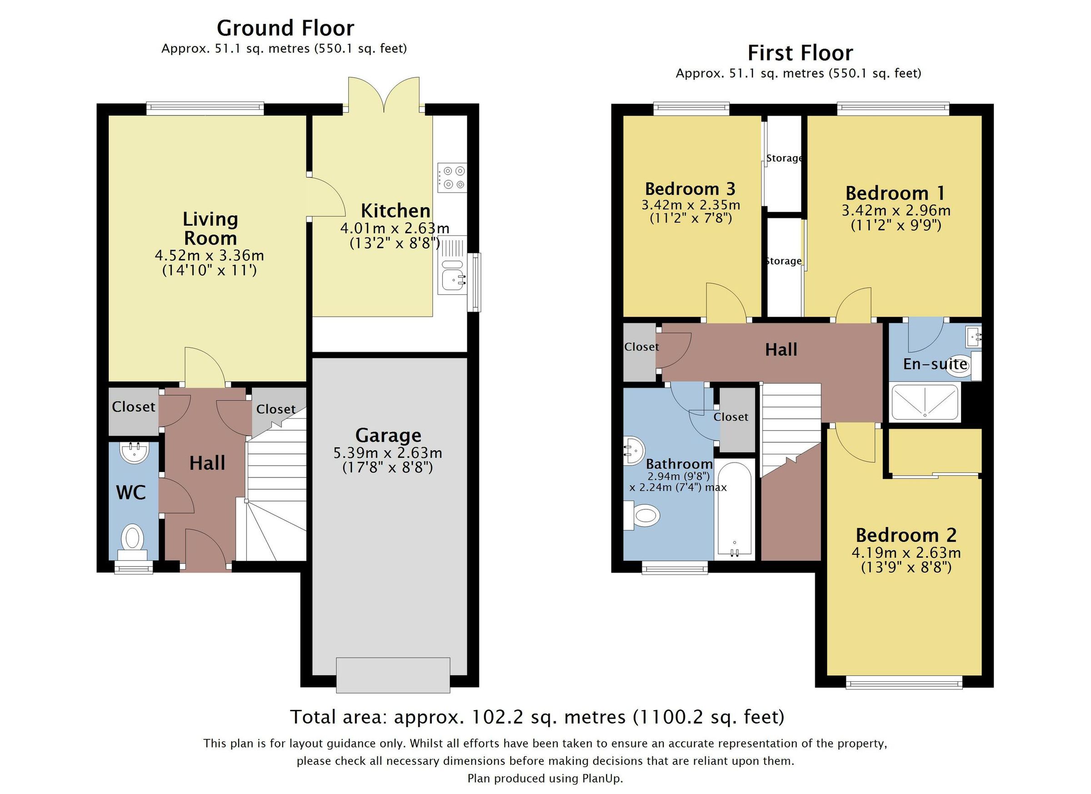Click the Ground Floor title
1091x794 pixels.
point(285,28)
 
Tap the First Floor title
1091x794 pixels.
point(800,53)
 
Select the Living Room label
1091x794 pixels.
point(210,229)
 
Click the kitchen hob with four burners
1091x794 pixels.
point(452,177)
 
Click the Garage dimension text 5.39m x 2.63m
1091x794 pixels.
point(388,453)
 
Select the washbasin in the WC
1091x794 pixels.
point(134,452)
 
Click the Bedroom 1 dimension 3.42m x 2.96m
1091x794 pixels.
point(895,210)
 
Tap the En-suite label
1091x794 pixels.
point(934,364)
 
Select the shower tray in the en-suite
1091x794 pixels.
point(924,402)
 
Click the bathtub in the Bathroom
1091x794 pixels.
point(734,510)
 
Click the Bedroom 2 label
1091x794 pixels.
point(906,535)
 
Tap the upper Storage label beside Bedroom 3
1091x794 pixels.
point(784,158)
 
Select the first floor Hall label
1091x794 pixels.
point(781,350)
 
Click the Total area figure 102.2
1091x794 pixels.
point(496,717)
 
